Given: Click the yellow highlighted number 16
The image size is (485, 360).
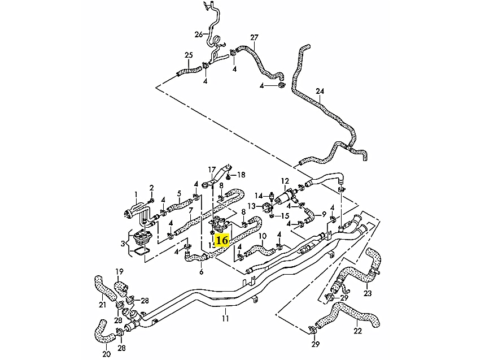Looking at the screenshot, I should point(222,240).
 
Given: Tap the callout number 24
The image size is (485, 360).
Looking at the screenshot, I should point(320,91).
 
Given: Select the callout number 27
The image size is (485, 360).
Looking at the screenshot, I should point(254,38).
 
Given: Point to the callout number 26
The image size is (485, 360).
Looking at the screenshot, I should point(198,34).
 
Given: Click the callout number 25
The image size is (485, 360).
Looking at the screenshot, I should point(189,55).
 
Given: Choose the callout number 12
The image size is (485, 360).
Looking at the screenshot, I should point(285,181).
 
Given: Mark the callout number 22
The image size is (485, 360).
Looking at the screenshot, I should point(358,331).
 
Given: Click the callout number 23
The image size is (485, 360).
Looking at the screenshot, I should point(368,293).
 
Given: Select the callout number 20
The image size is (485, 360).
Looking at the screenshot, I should point(107,354).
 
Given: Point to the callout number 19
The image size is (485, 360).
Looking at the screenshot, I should point(120,271).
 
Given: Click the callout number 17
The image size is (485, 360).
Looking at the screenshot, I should point(212,169).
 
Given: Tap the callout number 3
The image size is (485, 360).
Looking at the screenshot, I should point(124,243).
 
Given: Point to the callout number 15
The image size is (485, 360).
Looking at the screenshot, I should point(285,216).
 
